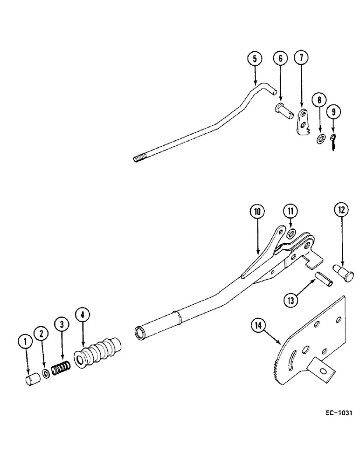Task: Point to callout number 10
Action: (257, 212)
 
